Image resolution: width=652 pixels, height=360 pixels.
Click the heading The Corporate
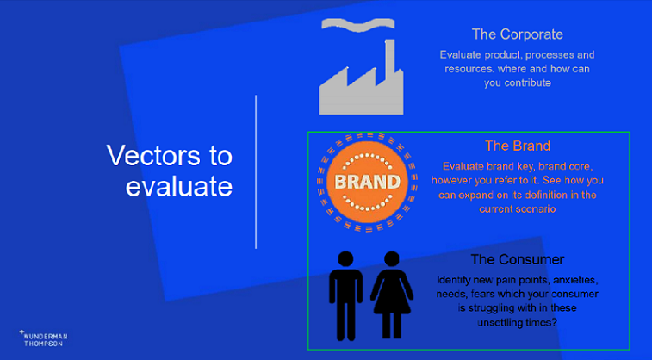pos(517,34)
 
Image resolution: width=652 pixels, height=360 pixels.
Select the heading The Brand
pos(517,146)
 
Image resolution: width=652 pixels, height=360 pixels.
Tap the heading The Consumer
pos(517,258)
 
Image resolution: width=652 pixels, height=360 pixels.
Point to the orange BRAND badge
pos(366,183)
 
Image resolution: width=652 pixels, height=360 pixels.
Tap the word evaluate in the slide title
pos(179,186)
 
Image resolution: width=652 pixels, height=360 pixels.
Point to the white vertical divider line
pos(256,172)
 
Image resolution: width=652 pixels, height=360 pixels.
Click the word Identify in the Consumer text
pos(457,281)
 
